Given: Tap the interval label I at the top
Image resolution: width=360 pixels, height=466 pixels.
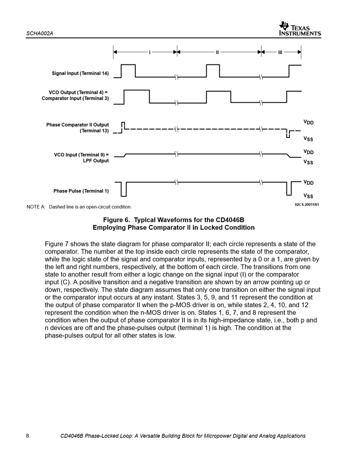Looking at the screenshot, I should click(x=150, y=52).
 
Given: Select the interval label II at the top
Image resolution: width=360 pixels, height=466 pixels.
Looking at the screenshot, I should click(x=217, y=52).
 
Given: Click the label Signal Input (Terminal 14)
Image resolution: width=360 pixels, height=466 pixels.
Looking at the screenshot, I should click(x=80, y=73).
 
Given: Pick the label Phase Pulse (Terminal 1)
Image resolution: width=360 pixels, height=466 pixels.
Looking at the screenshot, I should click(x=81, y=191).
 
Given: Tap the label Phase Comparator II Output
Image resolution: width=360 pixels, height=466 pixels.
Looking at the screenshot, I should click(x=78, y=125).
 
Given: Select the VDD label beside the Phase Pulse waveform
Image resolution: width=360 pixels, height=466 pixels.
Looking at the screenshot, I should click(x=308, y=182).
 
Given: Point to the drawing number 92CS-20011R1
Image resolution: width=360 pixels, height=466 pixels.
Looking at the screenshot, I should click(x=307, y=205).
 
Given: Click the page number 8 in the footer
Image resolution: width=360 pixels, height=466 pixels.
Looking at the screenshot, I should click(x=28, y=436).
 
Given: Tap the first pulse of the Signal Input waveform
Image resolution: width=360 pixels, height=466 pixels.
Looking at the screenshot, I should click(x=128, y=71).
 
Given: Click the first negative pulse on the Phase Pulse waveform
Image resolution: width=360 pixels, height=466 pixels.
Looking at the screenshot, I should click(x=124, y=189).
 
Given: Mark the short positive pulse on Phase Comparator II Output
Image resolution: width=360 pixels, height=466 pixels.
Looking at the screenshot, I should click(x=123, y=125).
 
